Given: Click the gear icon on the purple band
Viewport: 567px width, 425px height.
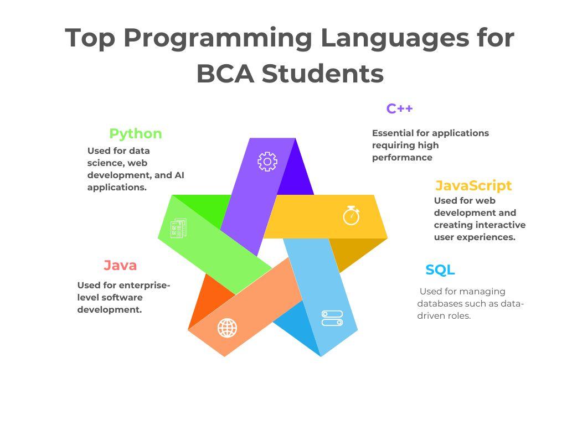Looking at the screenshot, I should pyautogui.click(x=267, y=162).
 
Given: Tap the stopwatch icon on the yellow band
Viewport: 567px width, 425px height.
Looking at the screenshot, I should pyautogui.click(x=352, y=215).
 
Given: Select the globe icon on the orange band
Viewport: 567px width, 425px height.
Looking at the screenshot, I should pyautogui.click(x=227, y=328).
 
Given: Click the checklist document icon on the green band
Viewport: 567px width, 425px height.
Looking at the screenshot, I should pyautogui.click(x=178, y=228).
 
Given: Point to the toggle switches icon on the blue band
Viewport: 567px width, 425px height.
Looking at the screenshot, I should pyautogui.click(x=332, y=318).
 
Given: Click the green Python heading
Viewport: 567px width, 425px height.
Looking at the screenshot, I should pyautogui.click(x=136, y=134).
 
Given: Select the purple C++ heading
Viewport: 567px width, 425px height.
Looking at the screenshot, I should pyautogui.click(x=400, y=109).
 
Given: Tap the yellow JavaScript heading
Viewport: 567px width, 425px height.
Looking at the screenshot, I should pyautogui.click(x=473, y=185).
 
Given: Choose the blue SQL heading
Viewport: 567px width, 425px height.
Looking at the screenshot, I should pyautogui.click(x=440, y=270).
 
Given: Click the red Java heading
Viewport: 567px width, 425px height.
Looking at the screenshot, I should pyautogui.click(x=120, y=266).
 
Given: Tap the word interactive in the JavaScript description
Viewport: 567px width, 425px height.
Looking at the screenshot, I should pyautogui.click(x=495, y=225).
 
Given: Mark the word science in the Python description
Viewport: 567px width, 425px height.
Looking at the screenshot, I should pyautogui.click(x=105, y=163).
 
